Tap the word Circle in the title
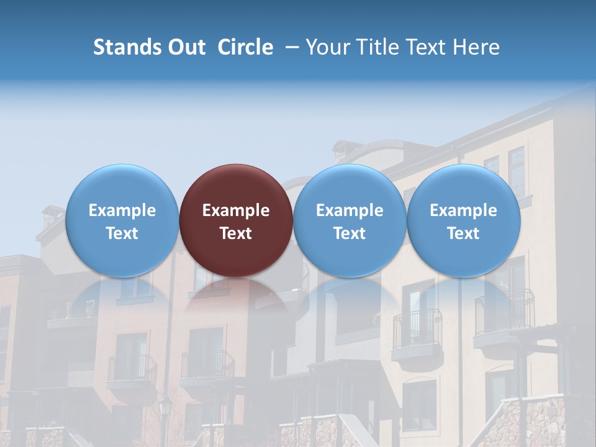[x=245, y=47]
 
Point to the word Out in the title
[x=186, y=47]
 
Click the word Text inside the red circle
[x=236, y=233]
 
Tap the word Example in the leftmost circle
[x=122, y=210]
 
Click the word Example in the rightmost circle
[x=464, y=210]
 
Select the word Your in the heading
[x=328, y=47]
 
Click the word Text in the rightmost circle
[x=464, y=233]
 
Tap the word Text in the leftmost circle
[x=122, y=233]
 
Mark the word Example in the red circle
[x=236, y=210]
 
